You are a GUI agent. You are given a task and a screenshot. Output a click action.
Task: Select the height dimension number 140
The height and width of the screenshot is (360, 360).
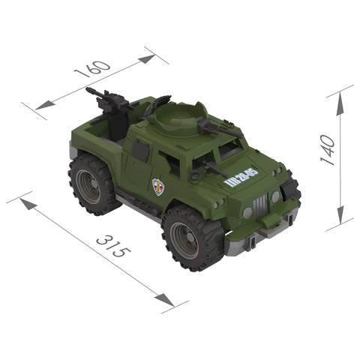pos(328,148)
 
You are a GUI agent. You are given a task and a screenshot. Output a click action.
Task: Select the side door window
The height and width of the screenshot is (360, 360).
pos(140,152)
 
